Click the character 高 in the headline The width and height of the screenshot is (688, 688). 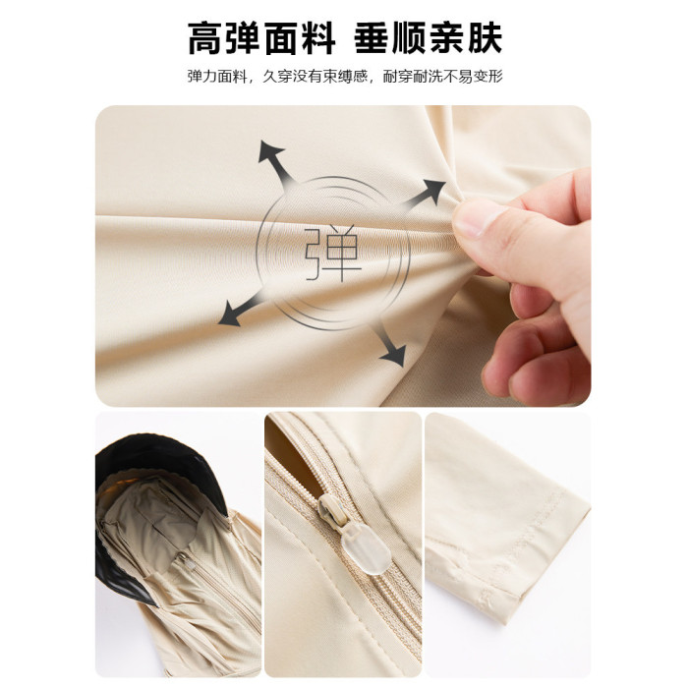pyautogui.click(x=204, y=38)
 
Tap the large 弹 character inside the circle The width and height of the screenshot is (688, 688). pyautogui.click(x=333, y=254)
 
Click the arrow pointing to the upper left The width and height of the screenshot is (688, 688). pyautogui.click(x=275, y=160)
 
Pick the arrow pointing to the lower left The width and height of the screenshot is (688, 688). pyautogui.click(x=241, y=309)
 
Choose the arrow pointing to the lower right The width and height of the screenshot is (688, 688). pyautogui.click(x=389, y=346)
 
